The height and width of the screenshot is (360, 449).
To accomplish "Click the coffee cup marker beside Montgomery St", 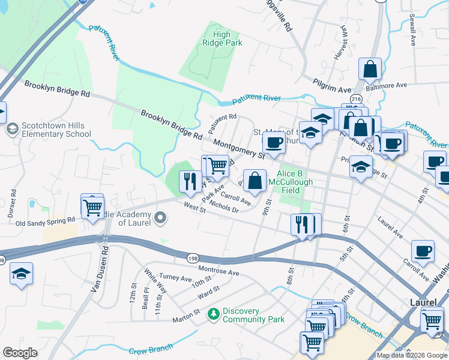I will click(274, 143).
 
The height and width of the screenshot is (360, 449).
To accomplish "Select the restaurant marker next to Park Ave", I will click(190, 181).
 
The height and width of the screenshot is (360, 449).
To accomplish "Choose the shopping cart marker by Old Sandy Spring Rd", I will click(92, 208).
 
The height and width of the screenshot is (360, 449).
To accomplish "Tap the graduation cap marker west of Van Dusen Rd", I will click(22, 274).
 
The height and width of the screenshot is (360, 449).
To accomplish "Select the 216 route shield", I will click(357, 98).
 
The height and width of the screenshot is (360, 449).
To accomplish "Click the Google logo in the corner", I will click(20, 353).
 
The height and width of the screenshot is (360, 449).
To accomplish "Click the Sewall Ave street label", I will click(412, 31).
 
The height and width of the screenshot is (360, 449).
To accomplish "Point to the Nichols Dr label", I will click(224, 208).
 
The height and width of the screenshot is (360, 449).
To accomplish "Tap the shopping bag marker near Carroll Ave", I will click(255, 181).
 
